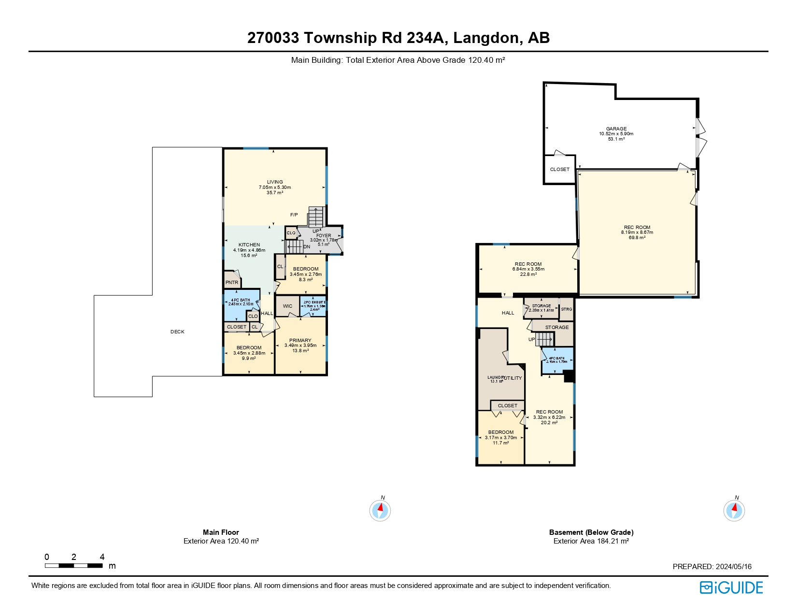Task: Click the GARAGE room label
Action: click(616, 129)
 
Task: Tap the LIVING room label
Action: click(275, 182)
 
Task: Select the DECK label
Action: click(177, 332)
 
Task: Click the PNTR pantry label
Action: click(232, 283)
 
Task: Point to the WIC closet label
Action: click(287, 306)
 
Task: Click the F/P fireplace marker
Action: click(294, 215)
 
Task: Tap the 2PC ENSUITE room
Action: click(314, 305)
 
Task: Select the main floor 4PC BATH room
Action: click(241, 302)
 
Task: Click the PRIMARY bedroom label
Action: click(300, 341)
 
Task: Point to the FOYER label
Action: click(324, 236)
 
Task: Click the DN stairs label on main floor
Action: click(307, 247)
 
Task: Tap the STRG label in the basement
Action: click(567, 309)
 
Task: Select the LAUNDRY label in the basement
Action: click(496, 377)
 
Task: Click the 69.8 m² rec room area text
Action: click(637, 238)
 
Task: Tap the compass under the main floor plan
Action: click(380, 510)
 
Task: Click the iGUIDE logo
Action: click(731, 587)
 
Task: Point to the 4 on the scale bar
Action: click(102, 557)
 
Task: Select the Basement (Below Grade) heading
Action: click(591, 532)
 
